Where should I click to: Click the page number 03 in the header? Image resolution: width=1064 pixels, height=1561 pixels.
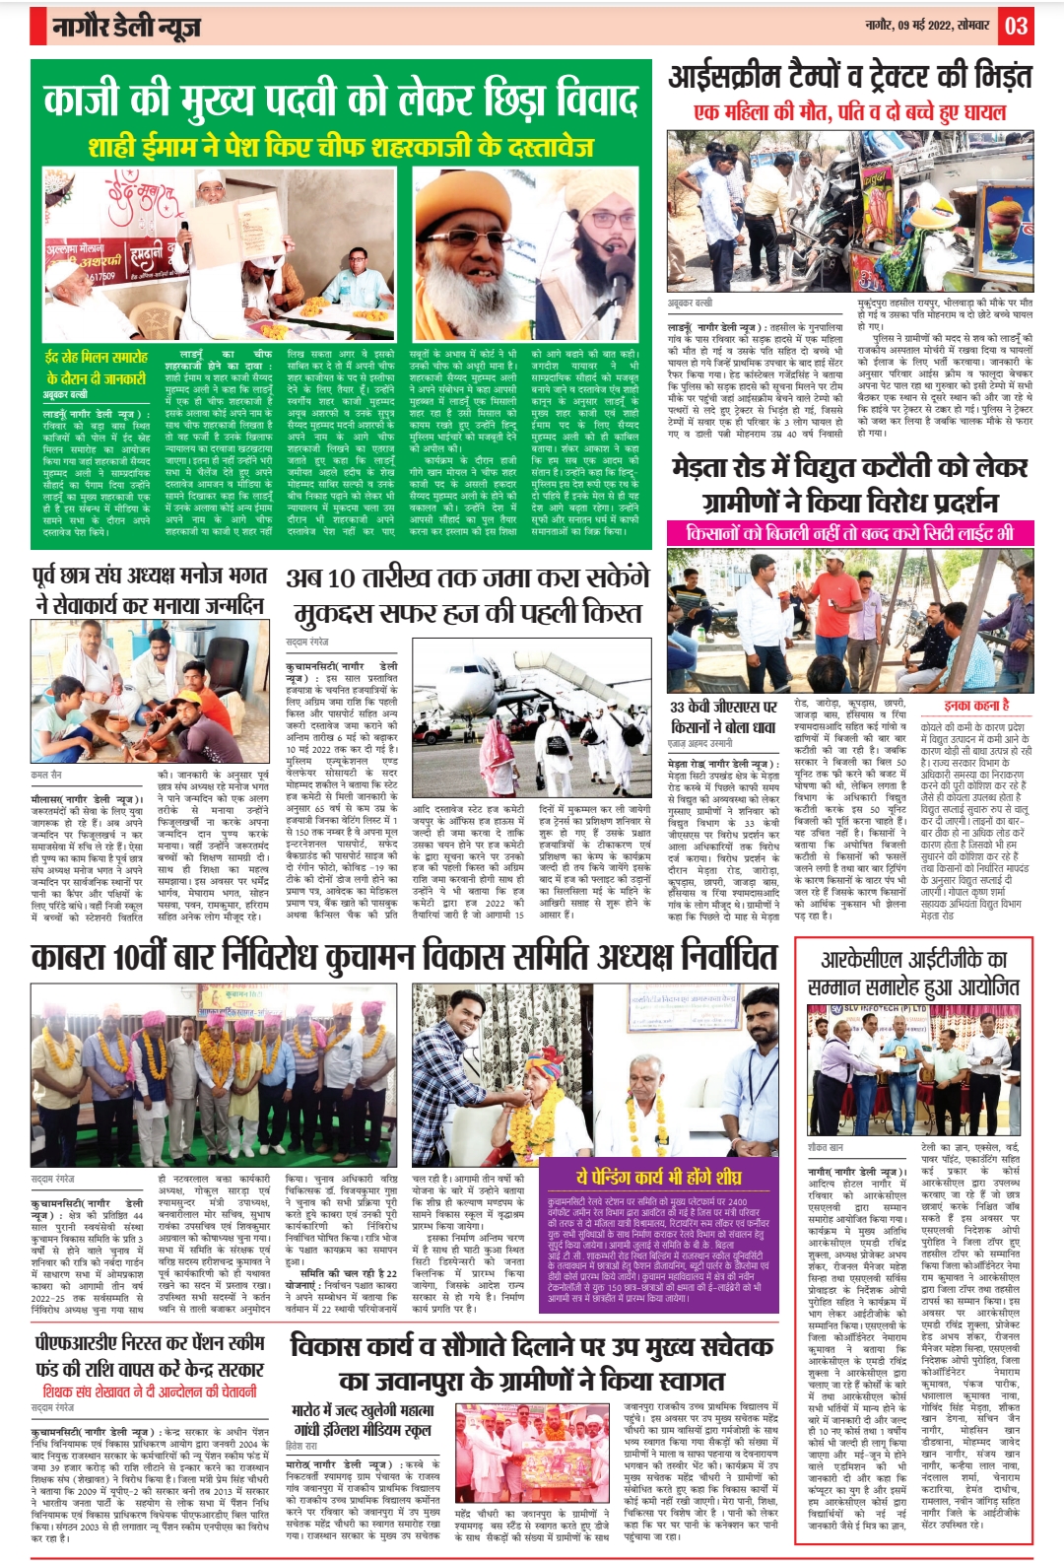pyautogui.click(x=1016, y=26)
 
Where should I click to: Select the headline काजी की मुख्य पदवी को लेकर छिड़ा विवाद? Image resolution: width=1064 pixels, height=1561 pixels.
pyautogui.click(x=340, y=101)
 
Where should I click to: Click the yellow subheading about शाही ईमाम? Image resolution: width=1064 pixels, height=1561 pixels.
pyautogui.click(x=341, y=147)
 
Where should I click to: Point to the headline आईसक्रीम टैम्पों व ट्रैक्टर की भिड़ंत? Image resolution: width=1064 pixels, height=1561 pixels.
pyautogui.click(x=850, y=77)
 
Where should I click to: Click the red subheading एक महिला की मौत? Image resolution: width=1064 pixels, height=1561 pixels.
pyautogui.click(x=849, y=112)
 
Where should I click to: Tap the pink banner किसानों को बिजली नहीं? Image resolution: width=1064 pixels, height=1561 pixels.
pyautogui.click(x=849, y=533)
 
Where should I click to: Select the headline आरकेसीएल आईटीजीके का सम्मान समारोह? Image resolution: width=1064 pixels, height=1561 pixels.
pyautogui.click(x=913, y=974)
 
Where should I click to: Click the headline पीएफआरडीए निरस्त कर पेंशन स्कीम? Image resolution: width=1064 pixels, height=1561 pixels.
pyautogui.click(x=150, y=1355)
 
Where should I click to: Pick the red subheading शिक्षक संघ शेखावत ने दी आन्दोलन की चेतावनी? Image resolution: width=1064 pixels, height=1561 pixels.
pyautogui.click(x=150, y=1391)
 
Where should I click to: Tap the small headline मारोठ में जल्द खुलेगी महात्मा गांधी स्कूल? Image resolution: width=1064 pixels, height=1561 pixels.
pyautogui.click(x=363, y=1419)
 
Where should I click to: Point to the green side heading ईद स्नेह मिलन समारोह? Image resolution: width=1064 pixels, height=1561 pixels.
pyautogui.click(x=96, y=368)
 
